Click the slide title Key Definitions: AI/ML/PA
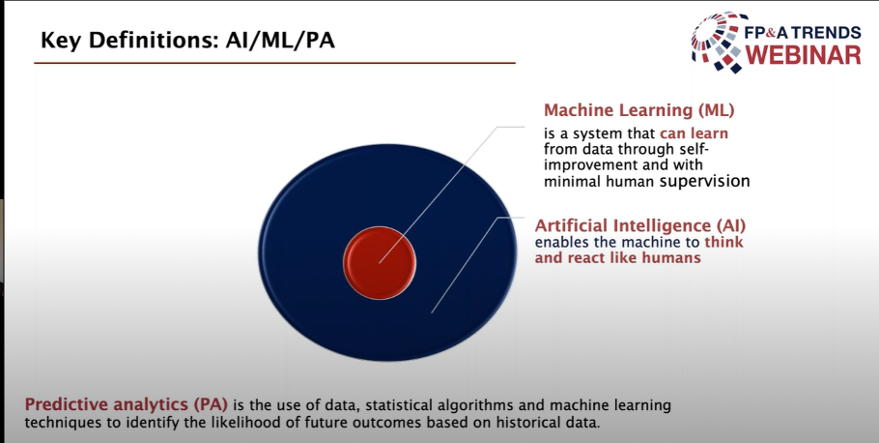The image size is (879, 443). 187,41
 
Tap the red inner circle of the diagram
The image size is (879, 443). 380,263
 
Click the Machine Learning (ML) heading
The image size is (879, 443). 639,110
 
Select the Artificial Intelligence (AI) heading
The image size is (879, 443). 640,225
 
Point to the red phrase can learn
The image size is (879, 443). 694,133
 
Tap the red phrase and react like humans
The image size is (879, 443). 618,257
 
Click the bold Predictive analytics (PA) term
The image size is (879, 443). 127,405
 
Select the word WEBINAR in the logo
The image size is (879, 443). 803,55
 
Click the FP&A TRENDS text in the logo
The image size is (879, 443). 803,33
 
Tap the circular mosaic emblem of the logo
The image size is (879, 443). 720,43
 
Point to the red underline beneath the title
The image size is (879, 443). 274,63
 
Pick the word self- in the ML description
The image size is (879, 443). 705,149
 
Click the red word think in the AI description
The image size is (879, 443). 723,243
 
